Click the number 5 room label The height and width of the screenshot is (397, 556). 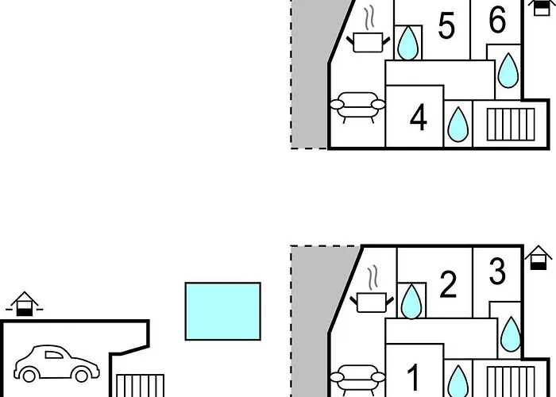pyautogui.click(x=446, y=25)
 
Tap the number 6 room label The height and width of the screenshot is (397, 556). pyautogui.click(x=497, y=20)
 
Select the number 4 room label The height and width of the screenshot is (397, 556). pyautogui.click(x=418, y=118)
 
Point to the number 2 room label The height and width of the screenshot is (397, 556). pyautogui.click(x=448, y=284)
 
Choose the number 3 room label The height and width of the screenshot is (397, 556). pyautogui.click(x=497, y=272)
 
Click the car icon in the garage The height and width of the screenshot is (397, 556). pyautogui.click(x=56, y=364)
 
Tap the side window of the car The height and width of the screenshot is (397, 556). pyautogui.click(x=53, y=355)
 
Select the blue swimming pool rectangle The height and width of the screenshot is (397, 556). pyautogui.click(x=222, y=311)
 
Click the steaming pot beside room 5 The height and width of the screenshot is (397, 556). pyautogui.click(x=369, y=36)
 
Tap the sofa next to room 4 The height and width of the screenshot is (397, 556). pyautogui.click(x=357, y=107)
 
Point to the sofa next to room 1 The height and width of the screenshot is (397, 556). pyautogui.click(x=357, y=379)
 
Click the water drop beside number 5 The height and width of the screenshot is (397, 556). pyautogui.click(x=407, y=43)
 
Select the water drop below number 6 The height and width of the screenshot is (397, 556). pyautogui.click(x=508, y=70)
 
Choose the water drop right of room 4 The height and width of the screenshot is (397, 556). pyautogui.click(x=458, y=124)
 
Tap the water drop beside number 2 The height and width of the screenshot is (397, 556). pyautogui.click(x=411, y=302)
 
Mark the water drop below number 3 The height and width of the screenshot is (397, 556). pyautogui.click(x=511, y=334)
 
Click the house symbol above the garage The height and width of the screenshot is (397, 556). pyautogui.click(x=24, y=304)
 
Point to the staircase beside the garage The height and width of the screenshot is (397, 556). pyautogui.click(x=141, y=386)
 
